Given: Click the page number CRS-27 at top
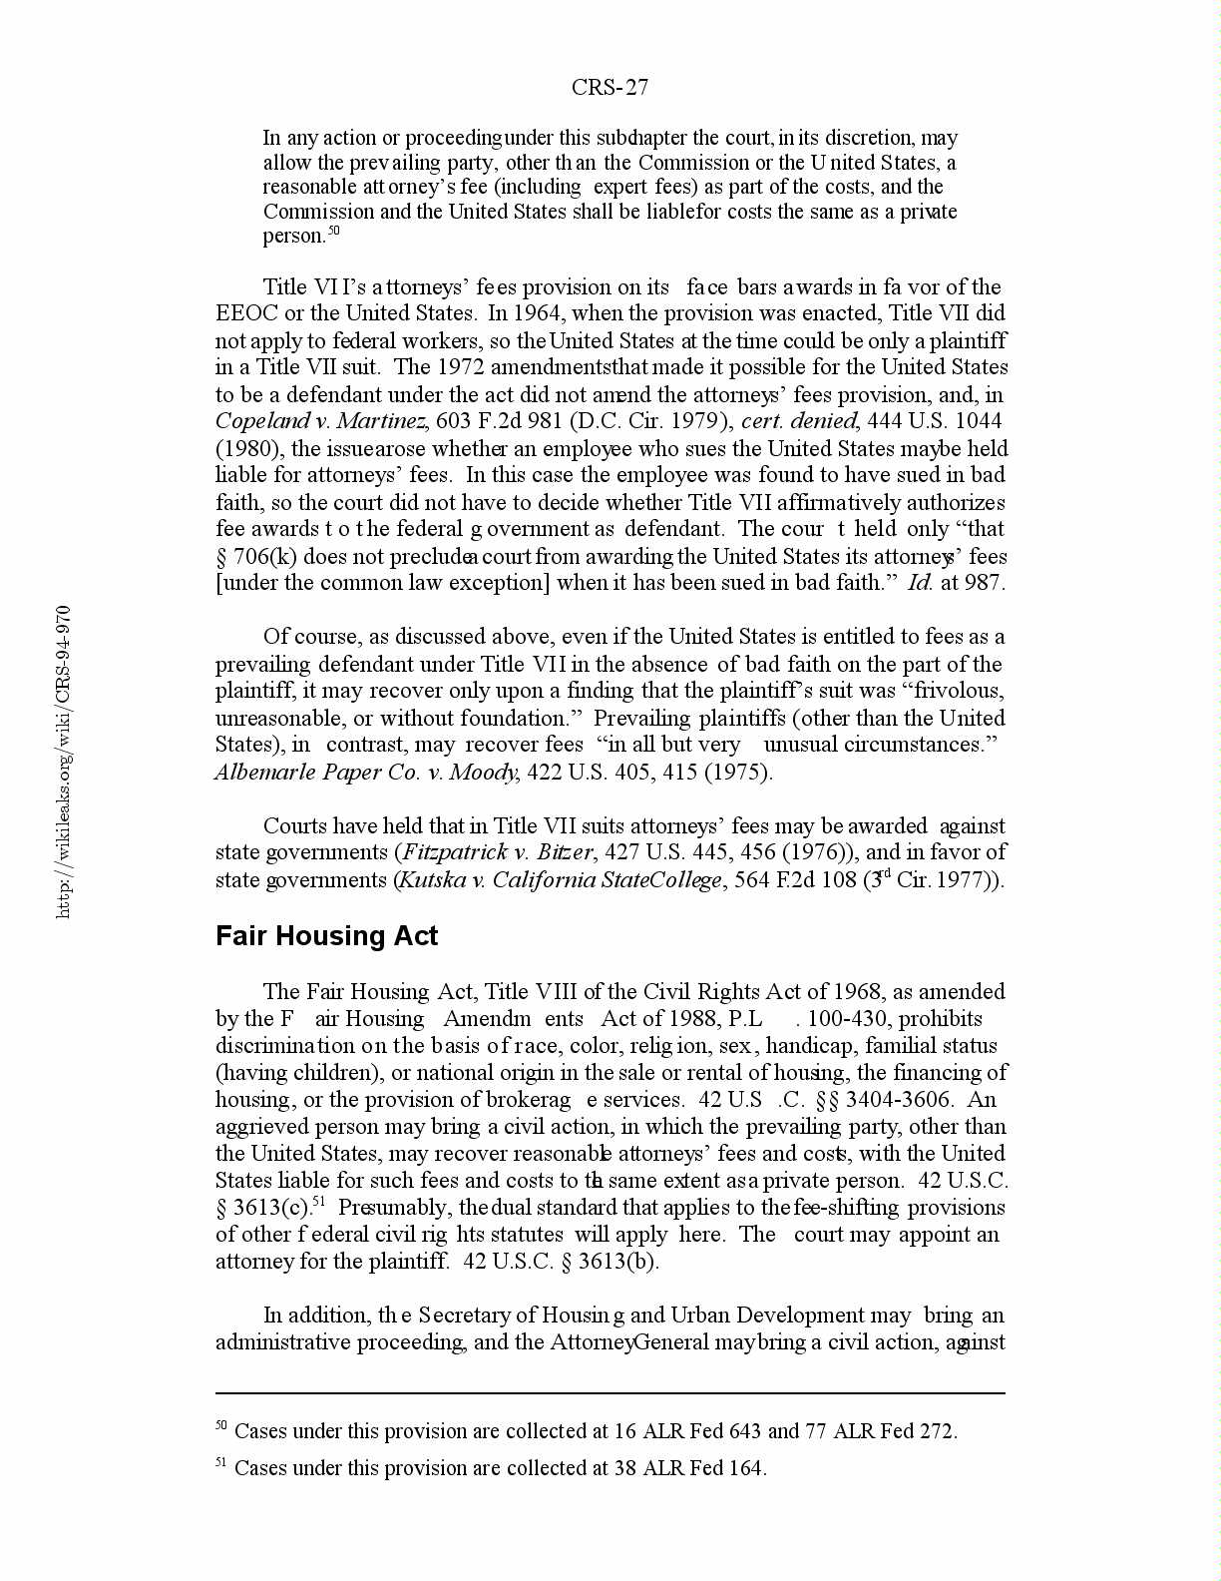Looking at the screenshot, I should coord(610,88).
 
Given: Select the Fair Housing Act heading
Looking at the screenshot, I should coord(326,936).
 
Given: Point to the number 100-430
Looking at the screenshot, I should coord(858,1019).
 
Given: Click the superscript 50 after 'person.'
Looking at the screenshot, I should coord(333,232).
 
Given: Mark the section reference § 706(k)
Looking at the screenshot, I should coord(256,556).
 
